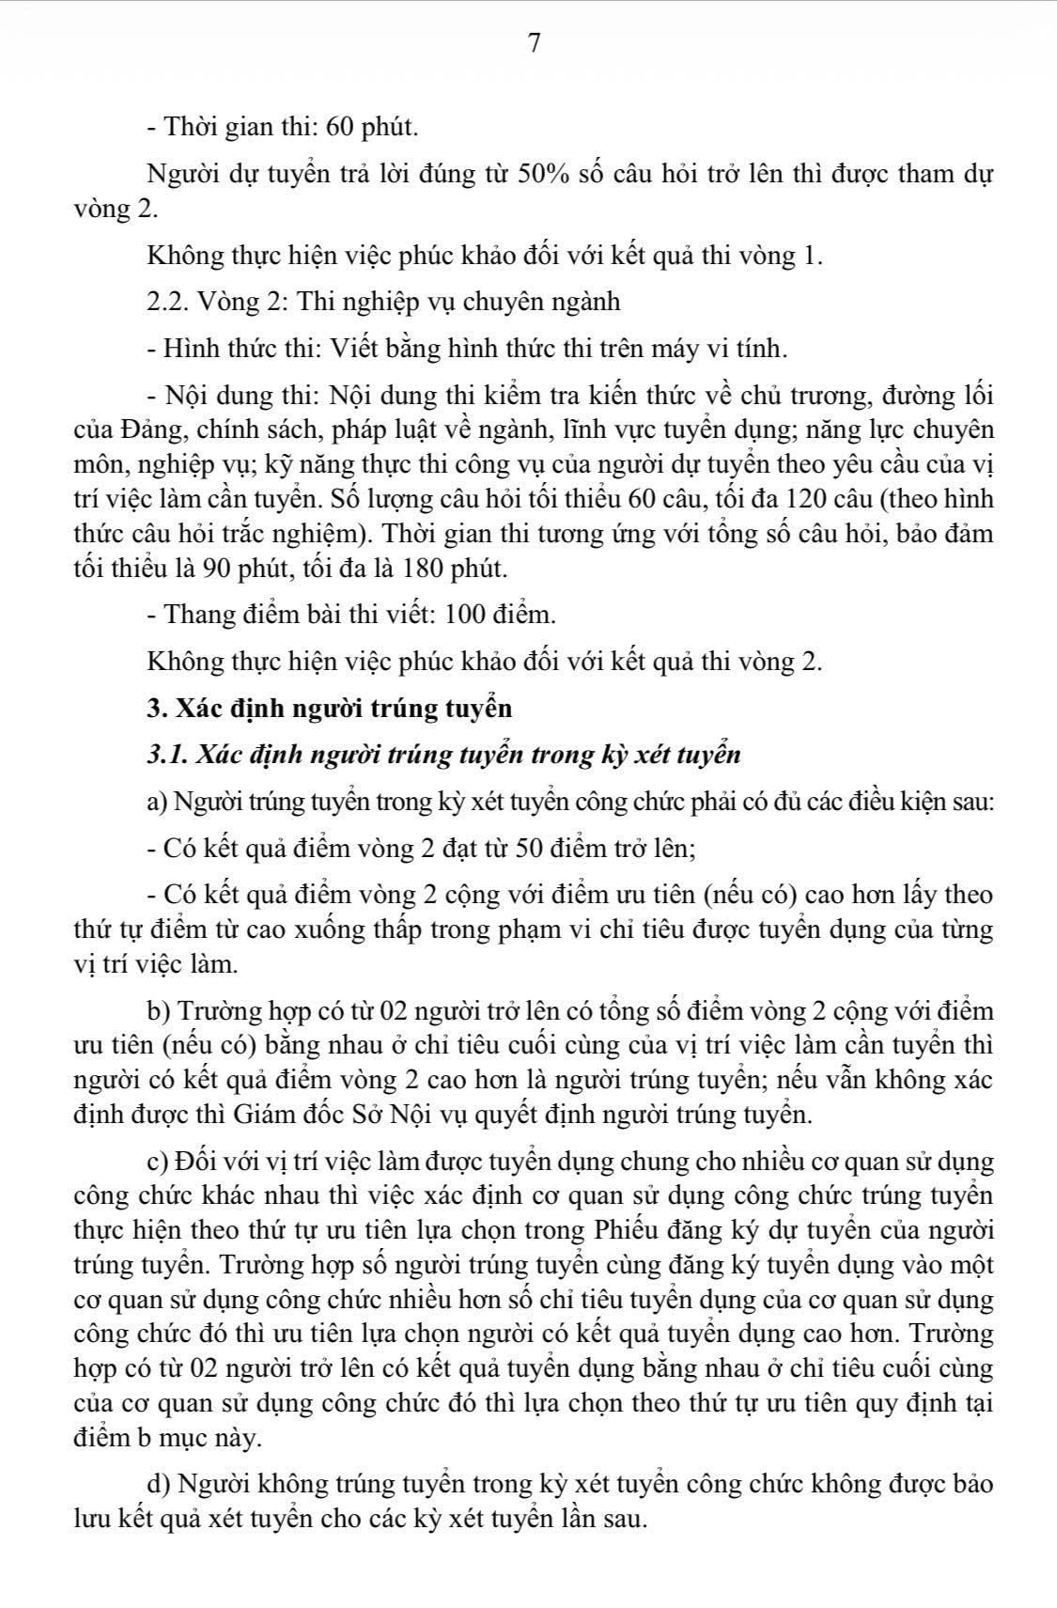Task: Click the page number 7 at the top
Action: pyautogui.click(x=534, y=43)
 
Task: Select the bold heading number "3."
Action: pyautogui.click(x=156, y=708)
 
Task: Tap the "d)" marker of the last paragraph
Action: pyautogui.click(x=159, y=1484)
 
